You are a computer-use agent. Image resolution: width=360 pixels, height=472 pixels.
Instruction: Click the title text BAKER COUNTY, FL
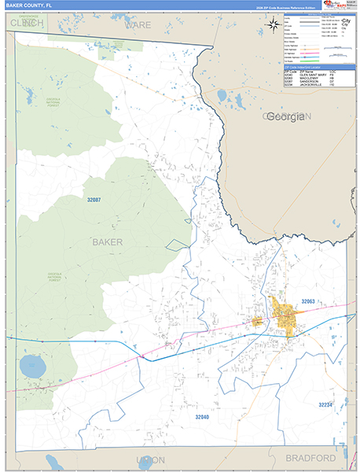click(x=30, y=6)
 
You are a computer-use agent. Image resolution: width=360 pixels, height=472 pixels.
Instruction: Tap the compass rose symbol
click(x=273, y=24)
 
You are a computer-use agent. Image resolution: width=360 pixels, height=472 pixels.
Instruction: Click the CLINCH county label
click(x=28, y=24)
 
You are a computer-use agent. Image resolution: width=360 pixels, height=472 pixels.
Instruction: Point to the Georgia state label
click(x=285, y=117)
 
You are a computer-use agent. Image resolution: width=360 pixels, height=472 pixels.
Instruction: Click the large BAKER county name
click(x=107, y=242)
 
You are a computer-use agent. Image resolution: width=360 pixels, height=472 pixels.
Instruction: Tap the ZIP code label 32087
click(x=94, y=201)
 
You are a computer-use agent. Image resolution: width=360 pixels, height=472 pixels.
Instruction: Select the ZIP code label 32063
click(x=307, y=301)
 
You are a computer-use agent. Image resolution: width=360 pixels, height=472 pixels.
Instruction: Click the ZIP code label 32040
click(x=203, y=417)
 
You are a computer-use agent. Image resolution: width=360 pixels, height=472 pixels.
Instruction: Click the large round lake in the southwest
click(x=33, y=366)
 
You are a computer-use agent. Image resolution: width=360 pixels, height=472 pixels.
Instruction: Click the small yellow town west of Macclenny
click(x=257, y=321)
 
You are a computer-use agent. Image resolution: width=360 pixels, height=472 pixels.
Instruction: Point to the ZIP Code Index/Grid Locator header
click(x=311, y=68)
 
